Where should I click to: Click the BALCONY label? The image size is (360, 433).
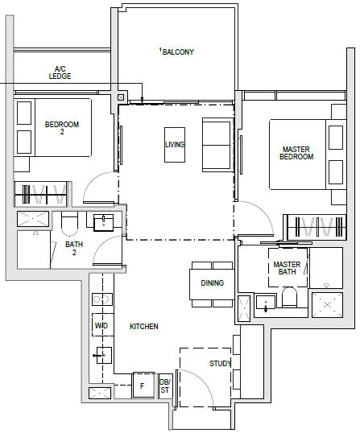178,52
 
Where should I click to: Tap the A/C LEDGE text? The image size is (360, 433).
60,72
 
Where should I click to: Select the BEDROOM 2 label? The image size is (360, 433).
62,128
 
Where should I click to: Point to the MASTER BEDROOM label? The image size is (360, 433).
296,153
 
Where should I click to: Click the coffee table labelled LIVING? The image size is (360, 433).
175,145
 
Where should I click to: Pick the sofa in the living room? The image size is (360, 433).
217,145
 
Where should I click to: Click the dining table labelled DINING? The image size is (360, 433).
212,284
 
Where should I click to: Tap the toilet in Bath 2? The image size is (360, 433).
69,224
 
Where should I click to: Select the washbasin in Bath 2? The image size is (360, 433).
104,222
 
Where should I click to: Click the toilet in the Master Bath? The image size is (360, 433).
289,297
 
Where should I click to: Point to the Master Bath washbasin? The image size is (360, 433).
266,302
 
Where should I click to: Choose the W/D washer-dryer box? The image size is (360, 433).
102,325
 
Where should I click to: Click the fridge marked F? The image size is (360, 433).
143,386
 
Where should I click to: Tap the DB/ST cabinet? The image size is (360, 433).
165,386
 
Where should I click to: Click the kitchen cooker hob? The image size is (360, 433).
102,299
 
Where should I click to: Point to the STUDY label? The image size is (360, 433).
220,364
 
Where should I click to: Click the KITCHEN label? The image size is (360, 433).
144,327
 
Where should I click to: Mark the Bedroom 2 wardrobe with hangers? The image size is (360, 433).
40,194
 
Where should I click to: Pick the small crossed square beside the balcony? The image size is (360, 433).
121,97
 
